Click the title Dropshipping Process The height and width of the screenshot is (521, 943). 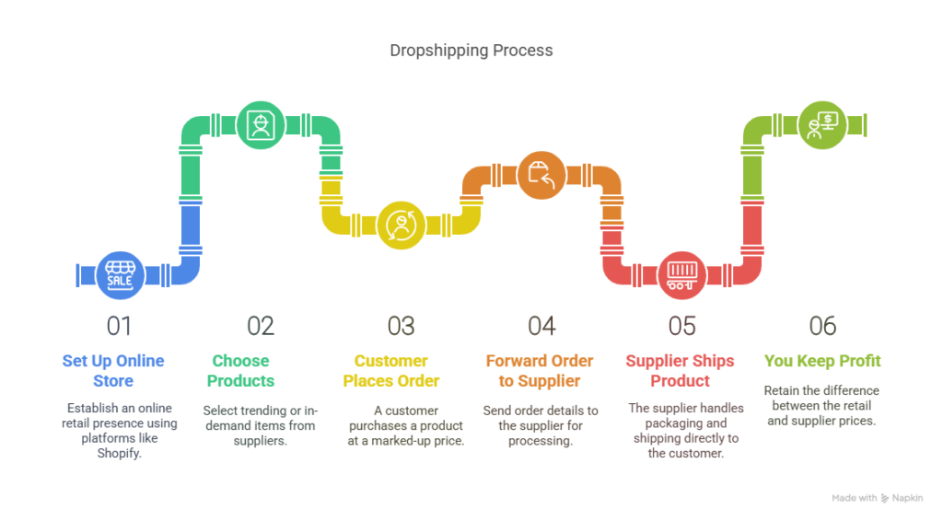(471, 51)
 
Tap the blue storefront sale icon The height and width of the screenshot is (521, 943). (120, 275)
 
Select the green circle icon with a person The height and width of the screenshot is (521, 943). (261, 125)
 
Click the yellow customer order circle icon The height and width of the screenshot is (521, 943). (401, 225)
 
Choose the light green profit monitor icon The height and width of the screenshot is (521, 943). (821, 125)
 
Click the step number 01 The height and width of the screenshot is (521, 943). (120, 326)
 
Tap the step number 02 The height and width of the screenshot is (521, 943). (261, 326)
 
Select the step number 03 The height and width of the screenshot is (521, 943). (401, 326)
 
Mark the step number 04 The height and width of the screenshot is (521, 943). (541, 326)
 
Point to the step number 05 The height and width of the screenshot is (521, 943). (681, 326)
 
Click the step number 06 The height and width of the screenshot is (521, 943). (822, 326)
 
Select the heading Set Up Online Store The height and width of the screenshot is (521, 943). (113, 371)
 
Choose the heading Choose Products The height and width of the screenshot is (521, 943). (240, 371)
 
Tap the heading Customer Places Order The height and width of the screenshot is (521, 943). (391, 371)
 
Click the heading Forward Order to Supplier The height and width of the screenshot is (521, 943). (540, 371)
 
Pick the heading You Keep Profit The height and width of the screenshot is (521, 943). (822, 361)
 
